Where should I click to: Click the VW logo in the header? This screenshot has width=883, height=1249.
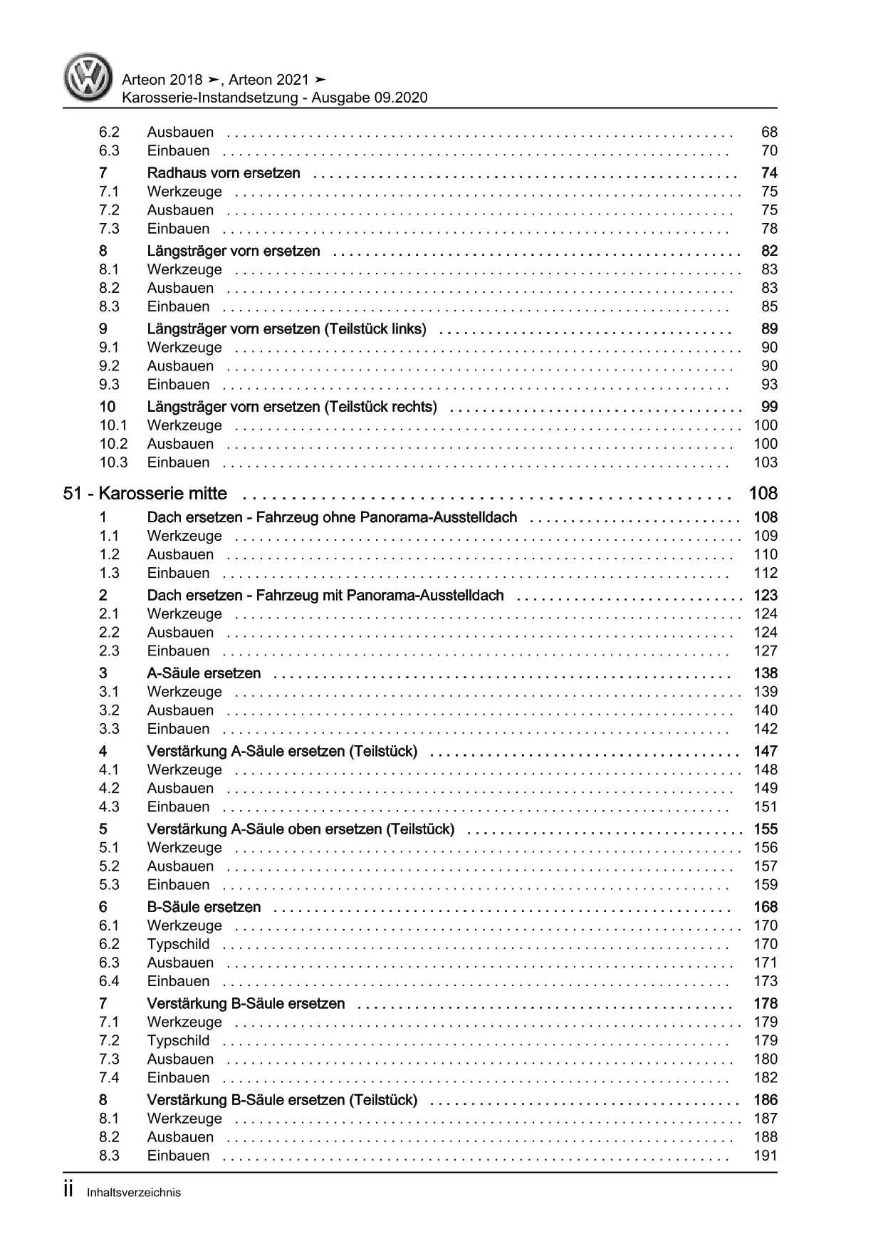88,77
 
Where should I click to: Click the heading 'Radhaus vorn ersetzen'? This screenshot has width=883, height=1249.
223,173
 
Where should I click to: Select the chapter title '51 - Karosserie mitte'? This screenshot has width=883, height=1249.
145,494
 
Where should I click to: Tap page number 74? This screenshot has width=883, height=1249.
768,173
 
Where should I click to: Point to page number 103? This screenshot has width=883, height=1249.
766,462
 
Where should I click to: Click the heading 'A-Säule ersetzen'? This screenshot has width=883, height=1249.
204,673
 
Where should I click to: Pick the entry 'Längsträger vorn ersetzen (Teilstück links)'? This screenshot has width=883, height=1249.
286,329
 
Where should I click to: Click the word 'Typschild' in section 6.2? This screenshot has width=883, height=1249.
178,944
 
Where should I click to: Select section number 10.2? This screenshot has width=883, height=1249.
113,444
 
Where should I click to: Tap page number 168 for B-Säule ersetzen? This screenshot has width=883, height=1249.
766,907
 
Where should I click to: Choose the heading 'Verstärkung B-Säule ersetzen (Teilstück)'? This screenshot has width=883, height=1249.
282,1100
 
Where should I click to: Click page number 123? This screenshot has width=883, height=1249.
766,596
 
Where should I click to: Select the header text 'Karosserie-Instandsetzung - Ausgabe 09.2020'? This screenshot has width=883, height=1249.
275,98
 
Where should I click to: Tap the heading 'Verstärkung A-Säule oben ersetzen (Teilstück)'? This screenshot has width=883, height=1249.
301,829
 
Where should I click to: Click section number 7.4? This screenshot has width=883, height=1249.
109,1078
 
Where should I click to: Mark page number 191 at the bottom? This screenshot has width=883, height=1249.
766,1156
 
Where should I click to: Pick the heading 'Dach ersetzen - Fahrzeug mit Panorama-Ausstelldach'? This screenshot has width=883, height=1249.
325,596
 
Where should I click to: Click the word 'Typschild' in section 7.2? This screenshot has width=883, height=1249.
178,1041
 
